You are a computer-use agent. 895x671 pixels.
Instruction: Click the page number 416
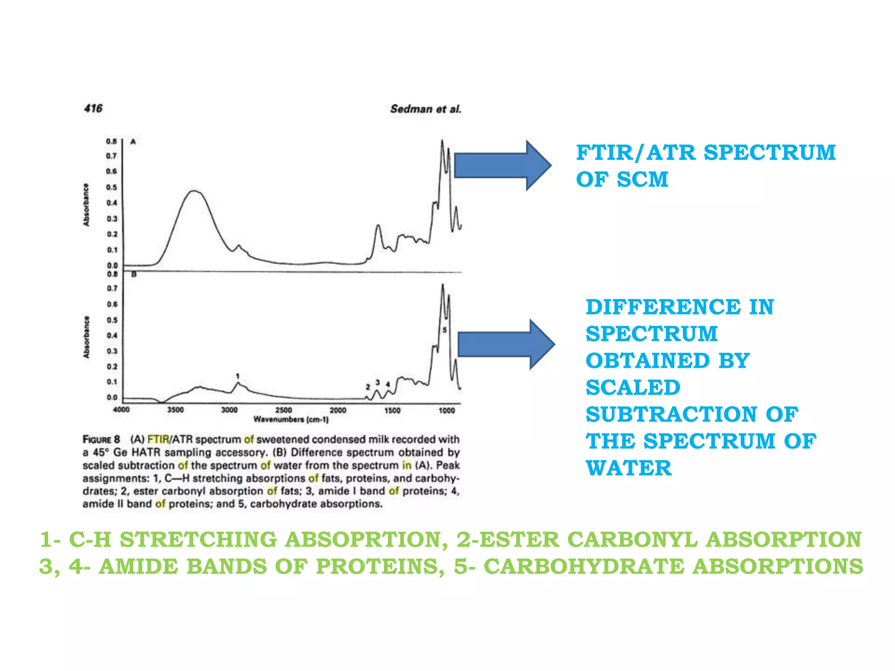pyautogui.click(x=93, y=108)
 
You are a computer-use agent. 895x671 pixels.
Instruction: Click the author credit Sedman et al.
pyautogui.click(x=426, y=109)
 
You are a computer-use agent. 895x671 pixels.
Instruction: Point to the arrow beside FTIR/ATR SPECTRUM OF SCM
pyautogui.click(x=503, y=166)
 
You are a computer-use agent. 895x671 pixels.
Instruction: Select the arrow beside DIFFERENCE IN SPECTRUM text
pyautogui.click(x=506, y=344)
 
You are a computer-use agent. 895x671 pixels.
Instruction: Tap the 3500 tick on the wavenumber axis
pyautogui.click(x=175, y=410)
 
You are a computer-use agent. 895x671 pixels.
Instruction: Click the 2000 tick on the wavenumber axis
pyautogui.click(x=338, y=410)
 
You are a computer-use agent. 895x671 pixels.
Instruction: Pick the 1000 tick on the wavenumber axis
pyautogui.click(x=447, y=410)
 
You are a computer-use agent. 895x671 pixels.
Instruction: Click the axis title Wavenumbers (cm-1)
pyautogui.click(x=291, y=420)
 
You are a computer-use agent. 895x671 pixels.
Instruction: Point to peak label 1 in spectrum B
pyautogui.click(x=238, y=376)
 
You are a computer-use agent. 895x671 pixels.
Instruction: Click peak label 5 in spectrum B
pyautogui.click(x=444, y=330)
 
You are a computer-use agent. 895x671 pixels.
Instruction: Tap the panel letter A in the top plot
pyautogui.click(x=133, y=142)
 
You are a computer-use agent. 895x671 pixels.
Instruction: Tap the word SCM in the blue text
pyautogui.click(x=642, y=180)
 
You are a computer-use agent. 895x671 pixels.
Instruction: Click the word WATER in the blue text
pyautogui.click(x=628, y=468)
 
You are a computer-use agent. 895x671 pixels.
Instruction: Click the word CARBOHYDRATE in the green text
pyautogui.click(x=584, y=567)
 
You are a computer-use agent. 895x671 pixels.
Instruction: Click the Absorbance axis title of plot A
pyautogui.click(x=86, y=204)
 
